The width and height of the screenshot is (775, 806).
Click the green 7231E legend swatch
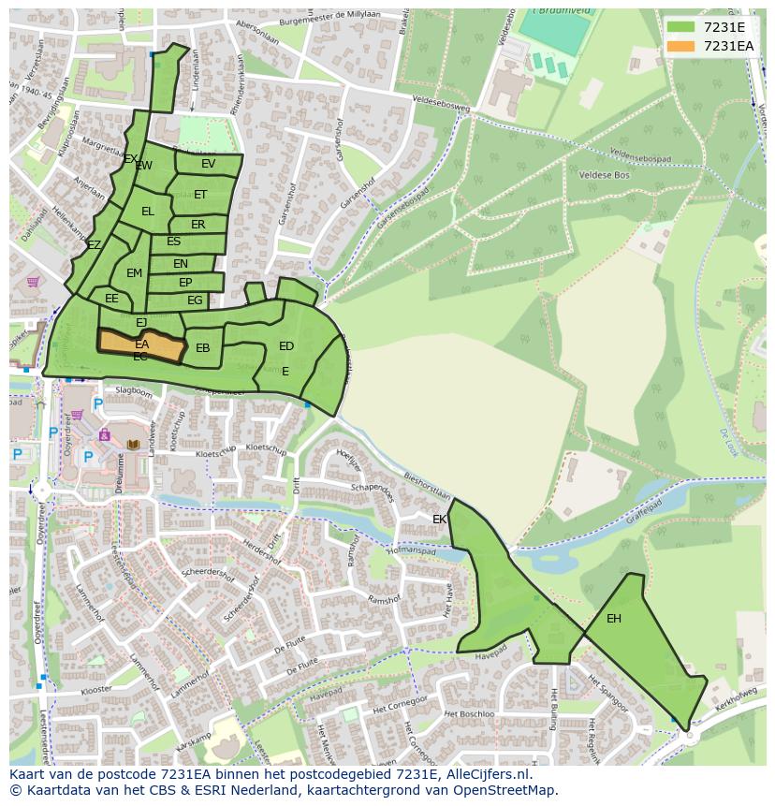pos(681,27)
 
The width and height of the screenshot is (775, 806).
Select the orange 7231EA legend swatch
pos(681,46)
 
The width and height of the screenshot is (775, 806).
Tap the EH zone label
pos(614,619)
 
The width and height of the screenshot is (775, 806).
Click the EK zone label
pos(439,520)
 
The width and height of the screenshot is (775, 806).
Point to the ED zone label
pos(286,346)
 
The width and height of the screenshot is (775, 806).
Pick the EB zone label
pos(203,348)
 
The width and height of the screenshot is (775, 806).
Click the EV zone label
pos(208,164)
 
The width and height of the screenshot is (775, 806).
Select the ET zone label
pos(200,195)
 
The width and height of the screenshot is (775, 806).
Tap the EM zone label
pos(134,273)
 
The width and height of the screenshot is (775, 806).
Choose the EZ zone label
pos(94,245)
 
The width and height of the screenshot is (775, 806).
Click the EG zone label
pos(195,300)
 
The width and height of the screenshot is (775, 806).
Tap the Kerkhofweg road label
pos(736,700)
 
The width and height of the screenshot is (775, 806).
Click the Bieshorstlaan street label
pos(428,487)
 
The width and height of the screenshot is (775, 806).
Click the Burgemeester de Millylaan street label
pos(318,19)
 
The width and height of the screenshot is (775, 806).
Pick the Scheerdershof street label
pos(208,572)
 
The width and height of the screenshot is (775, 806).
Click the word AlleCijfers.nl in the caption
pos(486,775)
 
